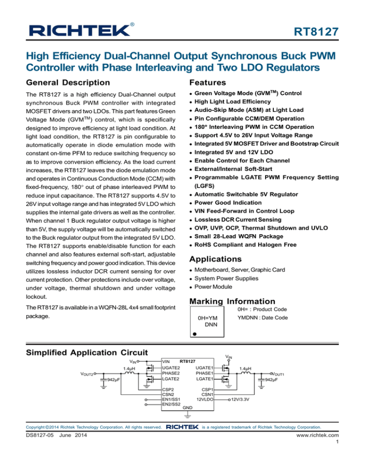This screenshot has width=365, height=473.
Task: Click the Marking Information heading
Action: (x=232, y=301)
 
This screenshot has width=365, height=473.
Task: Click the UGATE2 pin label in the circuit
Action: (x=171, y=367)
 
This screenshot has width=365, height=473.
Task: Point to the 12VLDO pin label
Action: (x=202, y=400)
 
